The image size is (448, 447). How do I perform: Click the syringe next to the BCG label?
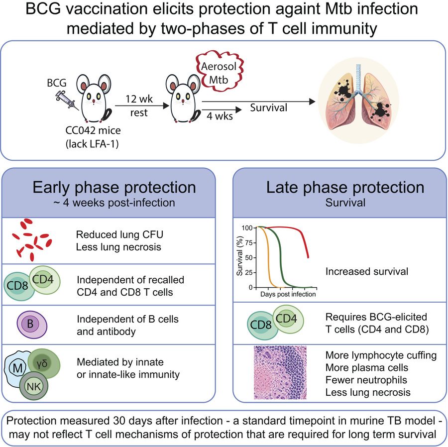pos(68,100)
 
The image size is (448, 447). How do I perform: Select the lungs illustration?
pos(359,101)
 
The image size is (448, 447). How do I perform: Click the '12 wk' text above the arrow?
pos(139,99)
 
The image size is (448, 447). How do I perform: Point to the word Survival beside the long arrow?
pos(269,108)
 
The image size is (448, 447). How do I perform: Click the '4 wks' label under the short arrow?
pos(220,116)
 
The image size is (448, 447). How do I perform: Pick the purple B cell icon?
pos(32,325)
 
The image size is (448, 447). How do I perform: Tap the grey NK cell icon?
pos(34,386)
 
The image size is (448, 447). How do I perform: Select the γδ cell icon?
pos(44,363)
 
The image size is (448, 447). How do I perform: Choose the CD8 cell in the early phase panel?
pos(18,286)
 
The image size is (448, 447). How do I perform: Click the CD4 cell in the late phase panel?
pos(288,319)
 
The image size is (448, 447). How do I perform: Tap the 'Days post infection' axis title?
pos(288,294)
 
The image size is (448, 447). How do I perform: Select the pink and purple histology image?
pos(280,372)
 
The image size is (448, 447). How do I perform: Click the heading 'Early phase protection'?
pos(114,187)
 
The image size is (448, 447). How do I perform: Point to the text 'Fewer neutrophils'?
pos(366,380)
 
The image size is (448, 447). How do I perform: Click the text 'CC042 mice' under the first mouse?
pos(93,130)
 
